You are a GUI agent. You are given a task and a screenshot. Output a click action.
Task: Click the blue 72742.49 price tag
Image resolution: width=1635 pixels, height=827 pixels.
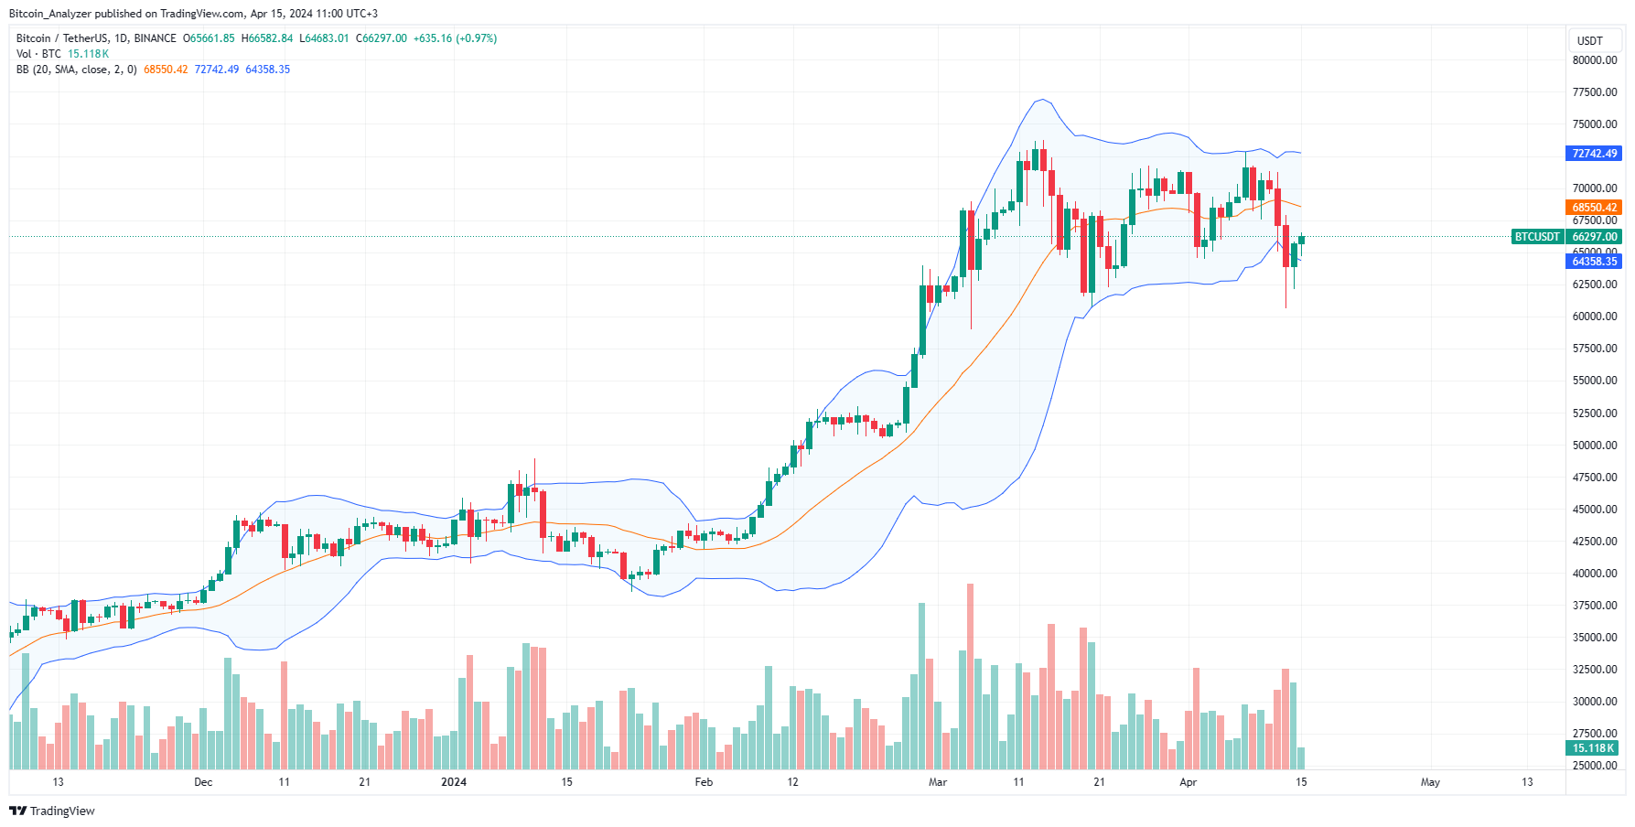pyautogui.click(x=1595, y=154)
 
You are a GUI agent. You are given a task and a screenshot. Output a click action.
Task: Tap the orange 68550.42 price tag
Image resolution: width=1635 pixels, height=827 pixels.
pyautogui.click(x=1595, y=208)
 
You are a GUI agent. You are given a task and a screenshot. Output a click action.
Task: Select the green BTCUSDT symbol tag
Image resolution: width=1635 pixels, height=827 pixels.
pyautogui.click(x=1536, y=237)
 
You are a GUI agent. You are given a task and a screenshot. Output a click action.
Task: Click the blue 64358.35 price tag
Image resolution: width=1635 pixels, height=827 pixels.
pyautogui.click(x=1595, y=262)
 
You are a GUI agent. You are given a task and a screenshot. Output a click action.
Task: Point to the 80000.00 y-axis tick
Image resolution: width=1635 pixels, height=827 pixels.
pyautogui.click(x=1595, y=60)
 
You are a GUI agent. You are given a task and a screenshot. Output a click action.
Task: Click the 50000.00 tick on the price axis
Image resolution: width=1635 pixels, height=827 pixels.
pyautogui.click(x=1595, y=446)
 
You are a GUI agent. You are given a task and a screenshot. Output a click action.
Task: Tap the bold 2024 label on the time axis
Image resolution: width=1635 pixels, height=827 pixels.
pyautogui.click(x=454, y=782)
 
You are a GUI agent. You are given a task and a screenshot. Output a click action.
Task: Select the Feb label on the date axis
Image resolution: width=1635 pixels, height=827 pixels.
pyautogui.click(x=703, y=782)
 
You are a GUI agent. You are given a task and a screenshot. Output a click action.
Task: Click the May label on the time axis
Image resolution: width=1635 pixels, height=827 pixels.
pyautogui.click(x=1430, y=782)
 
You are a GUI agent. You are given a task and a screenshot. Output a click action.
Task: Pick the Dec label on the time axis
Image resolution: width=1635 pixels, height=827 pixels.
pyautogui.click(x=203, y=782)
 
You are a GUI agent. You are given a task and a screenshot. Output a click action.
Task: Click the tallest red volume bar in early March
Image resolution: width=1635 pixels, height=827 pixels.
pyautogui.click(x=970, y=677)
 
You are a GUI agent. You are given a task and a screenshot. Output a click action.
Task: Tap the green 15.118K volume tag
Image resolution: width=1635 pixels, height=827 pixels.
pyautogui.click(x=1594, y=748)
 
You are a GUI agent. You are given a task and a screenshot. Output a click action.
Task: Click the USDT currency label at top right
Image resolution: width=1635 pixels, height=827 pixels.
pyautogui.click(x=1590, y=40)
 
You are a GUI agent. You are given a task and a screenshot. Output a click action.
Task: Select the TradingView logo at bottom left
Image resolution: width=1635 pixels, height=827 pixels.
pyautogui.click(x=52, y=811)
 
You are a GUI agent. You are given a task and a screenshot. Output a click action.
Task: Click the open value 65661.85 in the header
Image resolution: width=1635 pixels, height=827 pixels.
pyautogui.click(x=211, y=38)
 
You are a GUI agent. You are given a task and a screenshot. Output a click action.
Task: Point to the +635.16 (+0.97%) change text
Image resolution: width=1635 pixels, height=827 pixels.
pyautogui.click(x=455, y=38)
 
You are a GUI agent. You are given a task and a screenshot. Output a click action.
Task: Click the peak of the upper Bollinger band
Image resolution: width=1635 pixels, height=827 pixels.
pyautogui.click(x=1039, y=100)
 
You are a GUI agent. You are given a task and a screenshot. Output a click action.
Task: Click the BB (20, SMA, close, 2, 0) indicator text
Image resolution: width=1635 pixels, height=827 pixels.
pyautogui.click(x=77, y=70)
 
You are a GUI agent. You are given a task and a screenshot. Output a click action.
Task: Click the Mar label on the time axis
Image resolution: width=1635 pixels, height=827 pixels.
pyautogui.click(x=937, y=782)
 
